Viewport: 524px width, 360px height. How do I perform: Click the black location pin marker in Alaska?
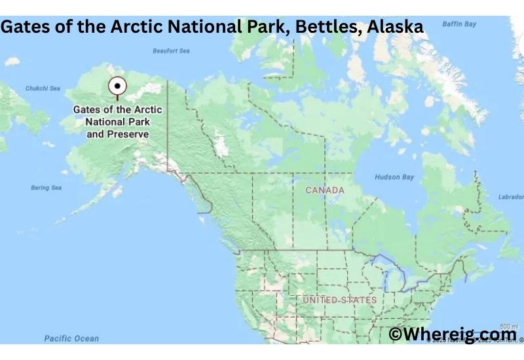point(117,86)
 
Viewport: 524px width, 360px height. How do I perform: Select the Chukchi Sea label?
point(42,88)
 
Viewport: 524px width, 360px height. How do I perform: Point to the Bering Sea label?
point(46,188)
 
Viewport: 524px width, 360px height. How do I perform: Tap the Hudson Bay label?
point(394,177)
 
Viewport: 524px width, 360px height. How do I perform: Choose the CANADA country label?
point(325,190)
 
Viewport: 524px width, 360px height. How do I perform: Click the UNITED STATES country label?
point(339,300)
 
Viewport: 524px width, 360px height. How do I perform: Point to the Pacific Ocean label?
point(71,338)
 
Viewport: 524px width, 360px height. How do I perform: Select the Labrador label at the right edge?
point(510,197)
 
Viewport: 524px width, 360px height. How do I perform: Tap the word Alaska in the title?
point(395,28)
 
